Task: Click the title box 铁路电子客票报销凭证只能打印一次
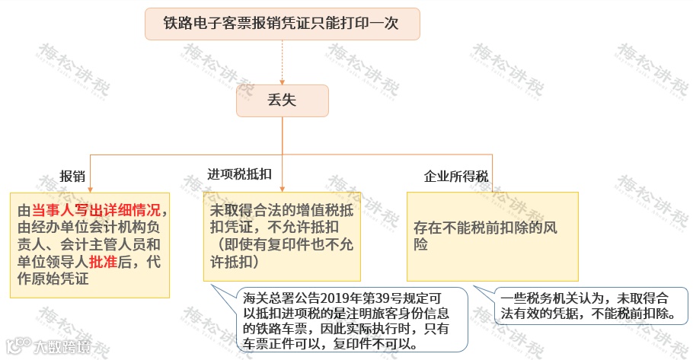(282, 24)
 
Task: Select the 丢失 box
(282, 100)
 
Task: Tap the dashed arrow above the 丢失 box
(282, 61)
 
